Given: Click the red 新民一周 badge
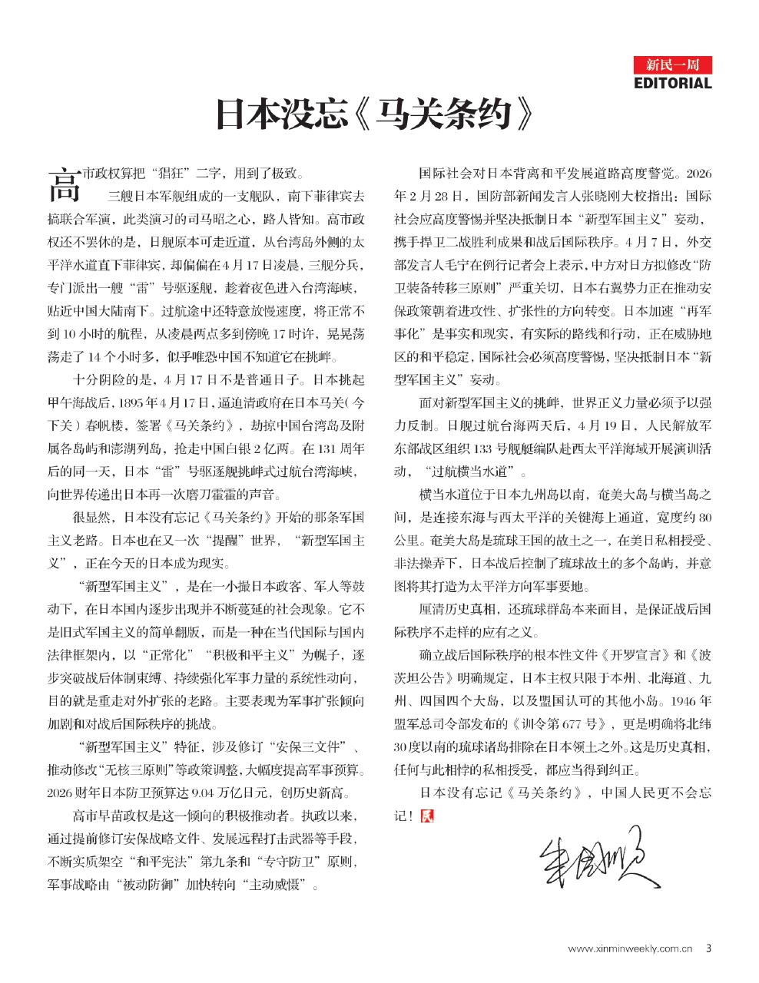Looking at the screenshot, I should [x=673, y=65].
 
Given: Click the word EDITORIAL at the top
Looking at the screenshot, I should [x=673, y=83].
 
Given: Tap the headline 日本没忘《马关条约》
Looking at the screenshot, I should [x=374, y=114].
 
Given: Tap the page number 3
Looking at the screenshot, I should [x=708, y=948].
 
